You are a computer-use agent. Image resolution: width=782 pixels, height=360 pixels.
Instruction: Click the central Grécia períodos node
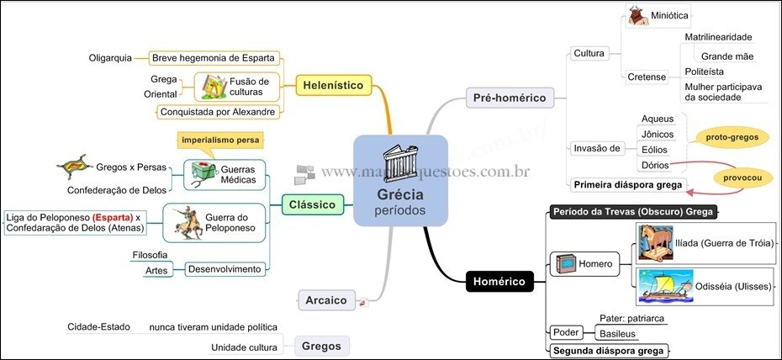click(x=400, y=180)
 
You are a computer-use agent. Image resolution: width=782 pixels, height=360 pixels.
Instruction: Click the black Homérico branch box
click(x=499, y=281)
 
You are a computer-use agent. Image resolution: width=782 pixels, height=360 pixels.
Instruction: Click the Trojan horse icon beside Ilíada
click(x=655, y=244)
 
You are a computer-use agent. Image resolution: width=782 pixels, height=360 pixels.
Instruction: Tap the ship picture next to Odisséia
click(x=665, y=286)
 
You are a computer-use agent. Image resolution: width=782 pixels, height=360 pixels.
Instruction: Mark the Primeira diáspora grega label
click(x=626, y=183)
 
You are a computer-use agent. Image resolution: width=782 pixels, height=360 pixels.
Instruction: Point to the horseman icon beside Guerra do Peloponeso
click(x=186, y=222)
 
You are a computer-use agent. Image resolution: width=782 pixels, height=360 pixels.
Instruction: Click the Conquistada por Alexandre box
click(x=217, y=111)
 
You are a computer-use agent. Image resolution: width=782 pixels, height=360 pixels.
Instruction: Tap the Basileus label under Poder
click(x=616, y=334)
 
